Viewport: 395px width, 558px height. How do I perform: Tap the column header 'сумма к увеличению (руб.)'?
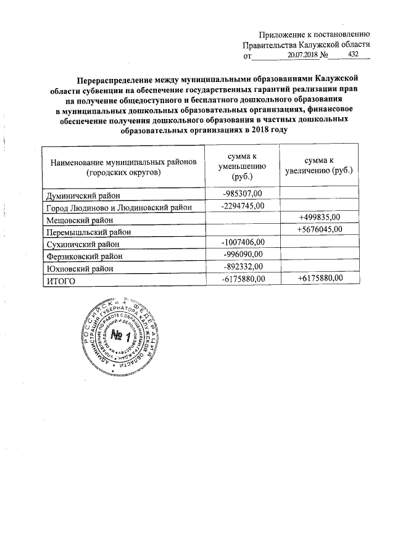(319, 165)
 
